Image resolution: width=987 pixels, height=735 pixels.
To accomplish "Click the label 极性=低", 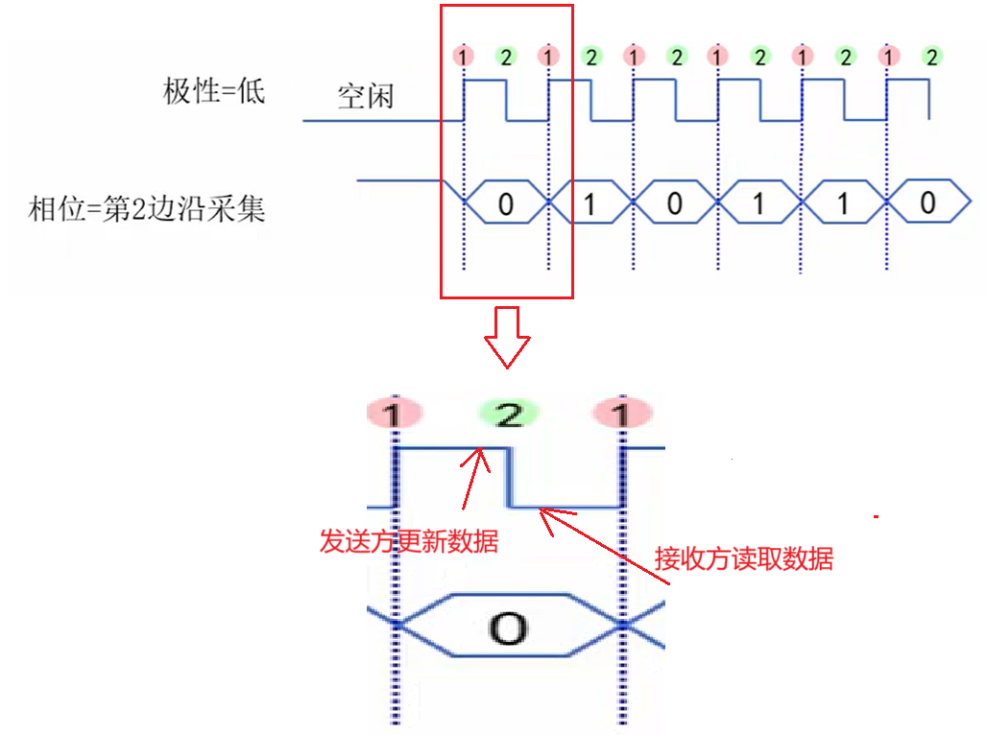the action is tap(213, 92).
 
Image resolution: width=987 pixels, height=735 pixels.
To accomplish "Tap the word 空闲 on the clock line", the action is tap(365, 98).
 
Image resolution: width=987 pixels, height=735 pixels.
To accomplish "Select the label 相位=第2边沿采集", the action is tap(146, 209).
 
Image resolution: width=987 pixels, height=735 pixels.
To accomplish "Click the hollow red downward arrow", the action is tap(506, 337).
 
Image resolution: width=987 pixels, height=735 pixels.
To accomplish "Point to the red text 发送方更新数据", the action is tap(408, 541).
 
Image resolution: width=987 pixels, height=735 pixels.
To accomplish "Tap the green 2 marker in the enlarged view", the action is tap(510, 415).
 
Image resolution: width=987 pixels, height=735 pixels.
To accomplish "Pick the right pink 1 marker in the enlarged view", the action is tap(622, 415).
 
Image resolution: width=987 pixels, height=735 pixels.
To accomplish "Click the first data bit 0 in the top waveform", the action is tap(506, 202).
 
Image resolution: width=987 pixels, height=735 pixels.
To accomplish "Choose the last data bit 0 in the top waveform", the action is tap(927, 202).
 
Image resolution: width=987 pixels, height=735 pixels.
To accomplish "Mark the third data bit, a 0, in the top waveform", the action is tap(675, 202).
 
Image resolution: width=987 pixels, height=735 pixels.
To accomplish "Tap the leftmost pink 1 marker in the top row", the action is tap(464, 57).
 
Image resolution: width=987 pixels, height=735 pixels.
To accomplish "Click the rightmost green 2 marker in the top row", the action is tap(929, 57).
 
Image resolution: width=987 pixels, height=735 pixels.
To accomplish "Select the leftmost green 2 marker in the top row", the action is tap(506, 57).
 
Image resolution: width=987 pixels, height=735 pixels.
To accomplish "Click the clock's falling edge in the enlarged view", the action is tap(510, 477).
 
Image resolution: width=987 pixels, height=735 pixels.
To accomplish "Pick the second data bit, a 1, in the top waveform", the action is tap(590, 203).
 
